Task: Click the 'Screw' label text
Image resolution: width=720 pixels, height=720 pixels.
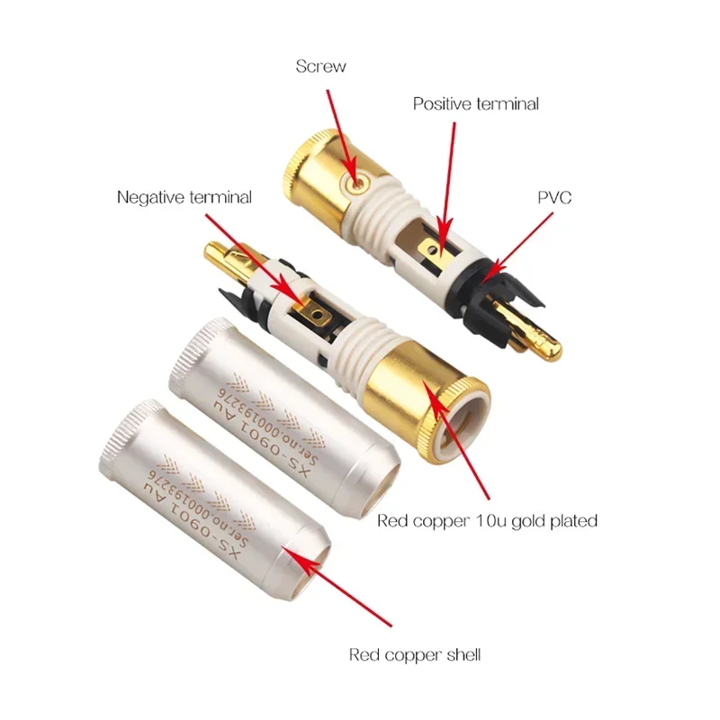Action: pos(321,67)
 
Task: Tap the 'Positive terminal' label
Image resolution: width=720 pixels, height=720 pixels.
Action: pos(476,103)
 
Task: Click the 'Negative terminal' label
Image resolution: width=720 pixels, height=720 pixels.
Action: pos(184,197)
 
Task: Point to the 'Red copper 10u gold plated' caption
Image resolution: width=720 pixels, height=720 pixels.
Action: pos(487,520)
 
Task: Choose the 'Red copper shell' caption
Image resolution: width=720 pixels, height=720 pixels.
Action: pos(415,654)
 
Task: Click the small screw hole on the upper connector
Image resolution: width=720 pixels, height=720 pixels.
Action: pos(358,183)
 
